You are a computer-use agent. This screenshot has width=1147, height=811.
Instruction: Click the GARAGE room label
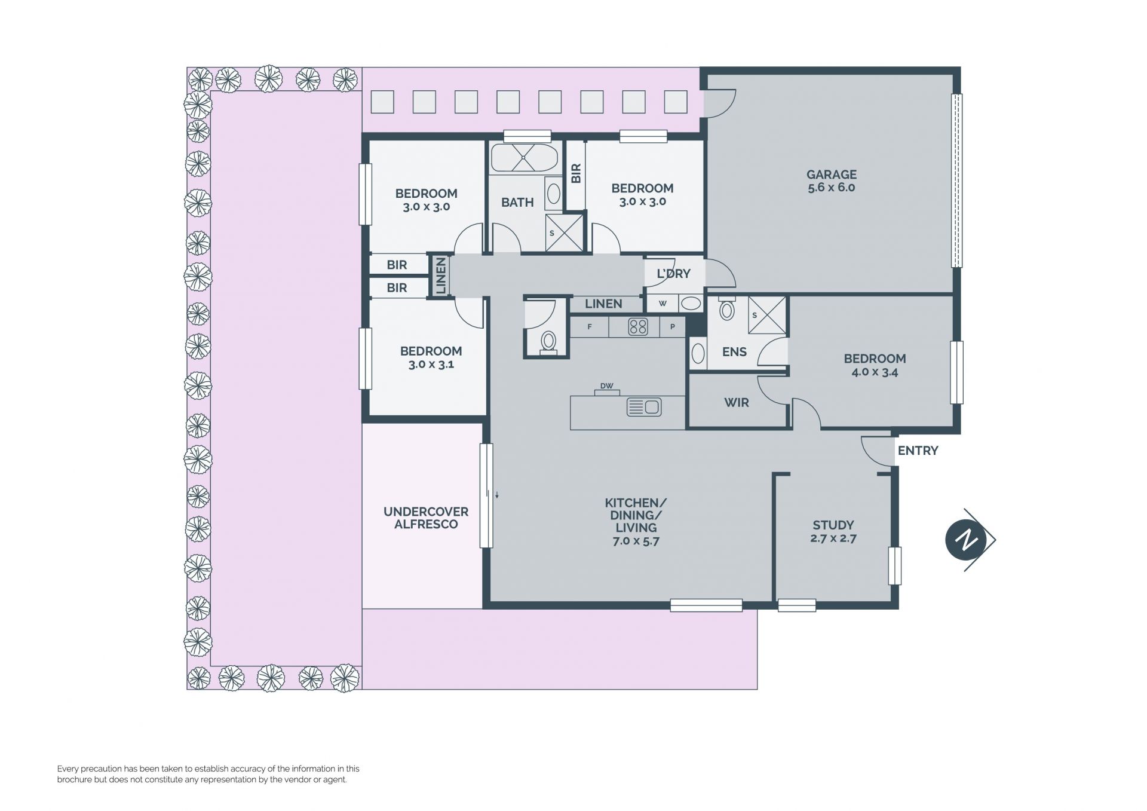tap(832, 175)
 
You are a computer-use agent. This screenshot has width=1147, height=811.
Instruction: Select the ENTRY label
tap(918, 451)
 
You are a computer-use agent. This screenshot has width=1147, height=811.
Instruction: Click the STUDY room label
tap(833, 525)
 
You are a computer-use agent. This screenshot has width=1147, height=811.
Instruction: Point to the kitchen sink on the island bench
tap(644, 407)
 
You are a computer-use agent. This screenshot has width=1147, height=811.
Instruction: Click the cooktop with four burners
tap(638, 326)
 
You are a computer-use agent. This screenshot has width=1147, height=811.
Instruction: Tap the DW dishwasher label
tap(607, 386)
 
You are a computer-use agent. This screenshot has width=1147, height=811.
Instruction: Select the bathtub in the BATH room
tap(524, 158)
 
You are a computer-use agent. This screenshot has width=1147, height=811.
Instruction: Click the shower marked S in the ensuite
tap(766, 315)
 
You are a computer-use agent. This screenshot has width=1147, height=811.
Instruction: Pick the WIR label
tap(737, 403)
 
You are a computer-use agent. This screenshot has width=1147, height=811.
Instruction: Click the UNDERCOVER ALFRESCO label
tap(425, 518)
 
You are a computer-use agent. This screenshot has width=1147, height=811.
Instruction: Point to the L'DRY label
tap(673, 274)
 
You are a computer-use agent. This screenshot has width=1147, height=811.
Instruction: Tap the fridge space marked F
tap(590, 327)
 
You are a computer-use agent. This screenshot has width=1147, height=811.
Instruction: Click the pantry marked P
tap(673, 327)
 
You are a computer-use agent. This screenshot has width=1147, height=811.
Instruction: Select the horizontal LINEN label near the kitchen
tap(603, 304)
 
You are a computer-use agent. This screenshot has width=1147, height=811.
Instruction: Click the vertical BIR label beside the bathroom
tap(576, 173)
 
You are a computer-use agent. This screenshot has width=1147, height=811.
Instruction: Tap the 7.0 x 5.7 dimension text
tap(636, 541)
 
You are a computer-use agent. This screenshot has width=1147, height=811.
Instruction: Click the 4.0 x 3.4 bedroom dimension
tap(875, 372)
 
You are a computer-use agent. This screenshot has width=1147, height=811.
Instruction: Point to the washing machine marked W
tap(663, 304)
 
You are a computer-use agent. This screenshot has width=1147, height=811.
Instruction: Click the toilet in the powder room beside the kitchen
tap(548, 342)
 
